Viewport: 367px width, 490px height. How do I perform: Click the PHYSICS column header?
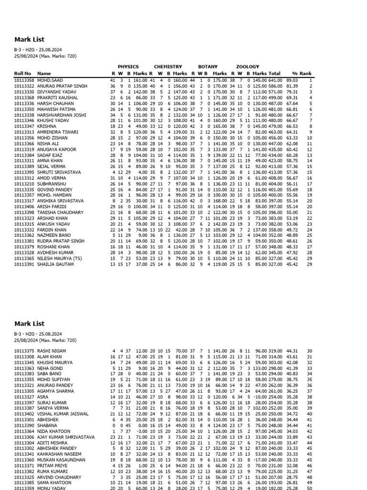tap(128, 67)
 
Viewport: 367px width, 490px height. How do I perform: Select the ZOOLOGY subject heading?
tap(248, 67)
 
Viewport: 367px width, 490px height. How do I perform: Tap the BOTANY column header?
tap(208, 67)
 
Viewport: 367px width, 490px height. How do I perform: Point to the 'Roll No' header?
tap(22, 74)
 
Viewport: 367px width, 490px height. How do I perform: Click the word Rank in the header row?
tap(319, 74)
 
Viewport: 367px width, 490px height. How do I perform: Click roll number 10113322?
tap(24, 86)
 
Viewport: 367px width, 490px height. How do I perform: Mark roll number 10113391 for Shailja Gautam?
tap(24, 264)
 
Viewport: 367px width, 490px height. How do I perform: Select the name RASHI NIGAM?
tap(51, 351)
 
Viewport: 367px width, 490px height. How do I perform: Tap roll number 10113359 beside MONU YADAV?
tap(24, 488)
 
